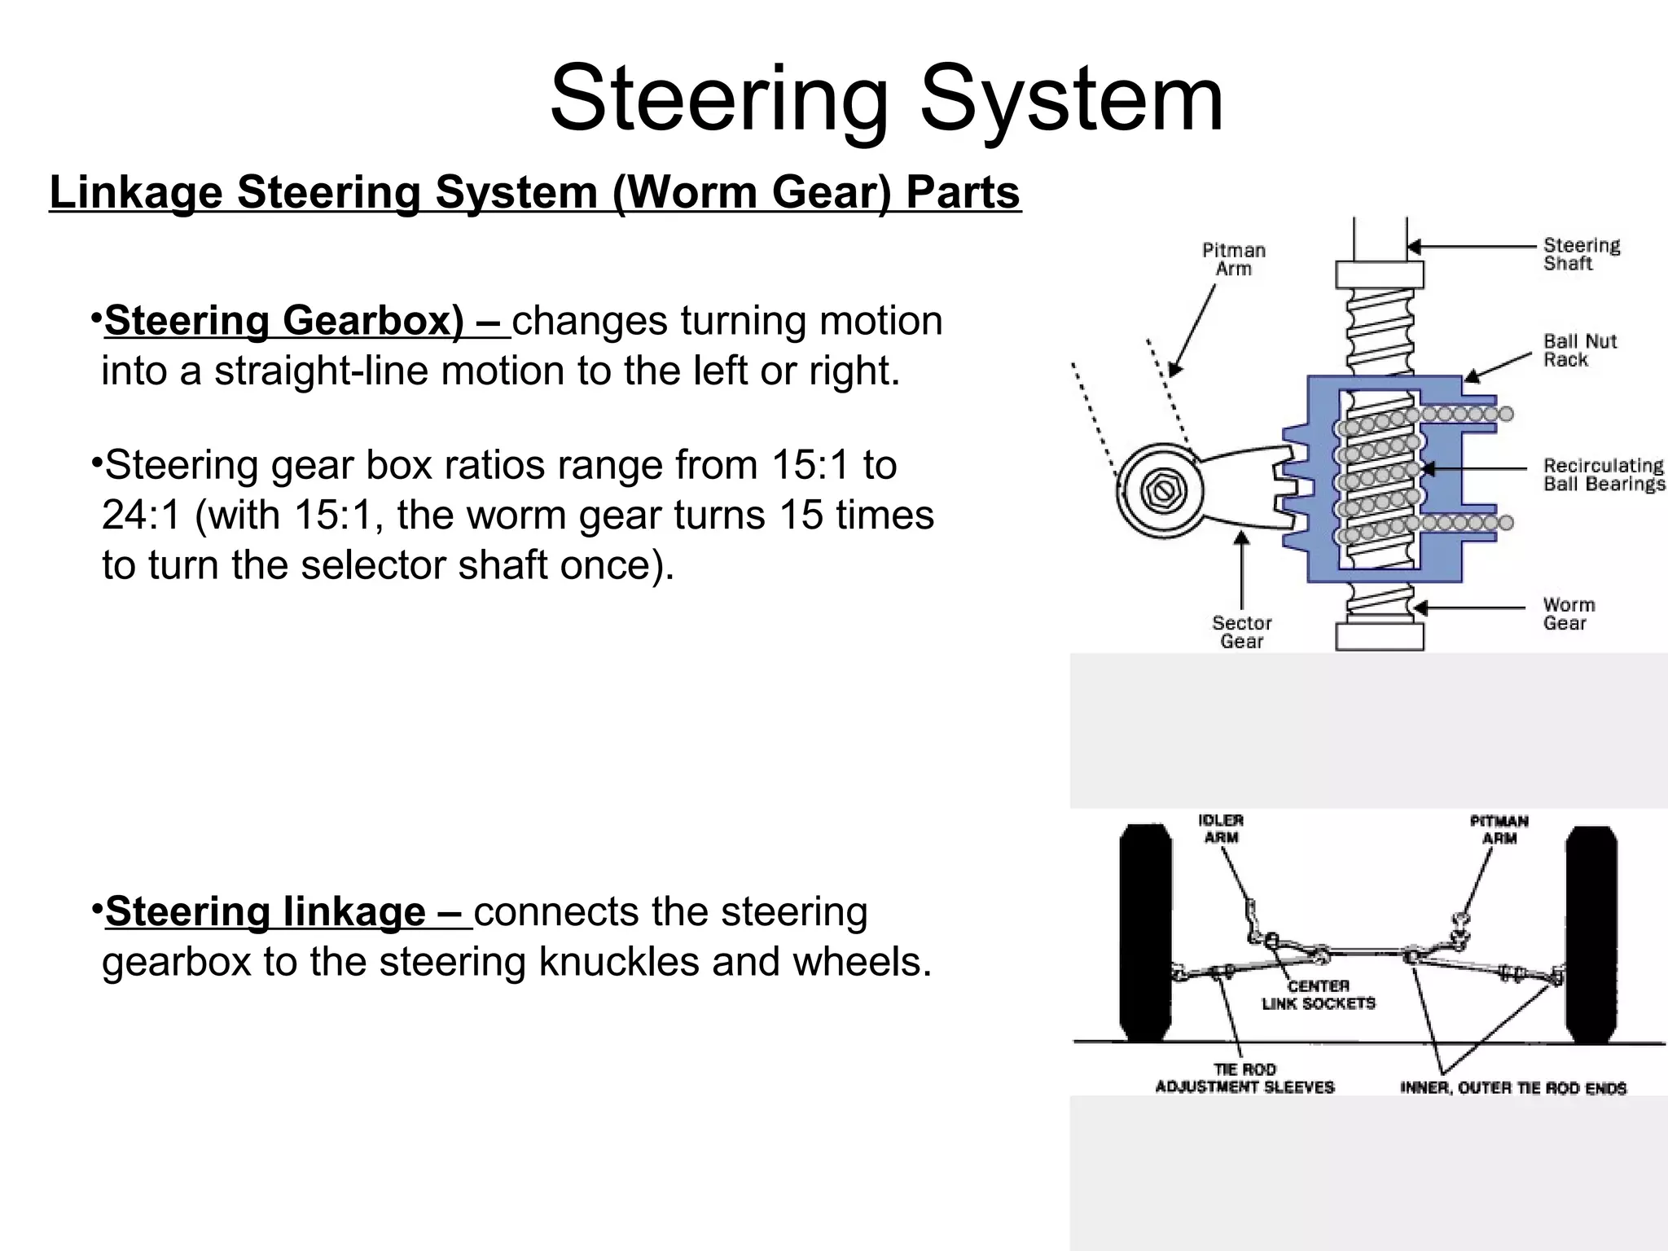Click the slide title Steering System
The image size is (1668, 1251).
coord(886,99)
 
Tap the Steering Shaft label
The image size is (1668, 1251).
coord(1581,254)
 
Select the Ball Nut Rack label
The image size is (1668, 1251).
coord(1579,350)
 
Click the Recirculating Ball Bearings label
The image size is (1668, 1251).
coord(1603,475)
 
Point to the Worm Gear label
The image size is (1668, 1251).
coord(1568,614)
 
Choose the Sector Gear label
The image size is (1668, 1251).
coord(1241,632)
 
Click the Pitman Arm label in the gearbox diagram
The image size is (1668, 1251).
coord(1234,259)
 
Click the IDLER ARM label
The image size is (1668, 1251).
coord(1221,829)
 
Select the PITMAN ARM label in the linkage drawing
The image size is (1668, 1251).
coord(1499,829)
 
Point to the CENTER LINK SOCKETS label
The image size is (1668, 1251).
coord(1318,994)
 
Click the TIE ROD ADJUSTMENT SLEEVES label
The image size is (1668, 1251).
coord(1244,1078)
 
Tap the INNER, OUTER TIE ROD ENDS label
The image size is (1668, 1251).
coord(1512,1087)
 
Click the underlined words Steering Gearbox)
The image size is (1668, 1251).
coord(283,320)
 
